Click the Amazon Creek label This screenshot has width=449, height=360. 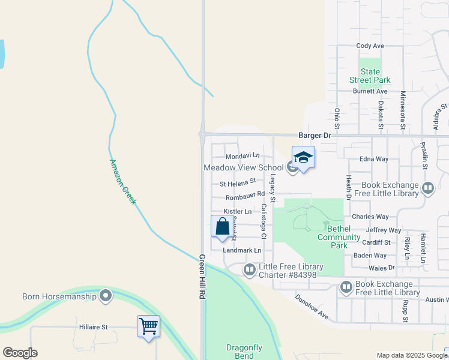tap(123, 181)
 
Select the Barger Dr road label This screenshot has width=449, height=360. tap(315, 136)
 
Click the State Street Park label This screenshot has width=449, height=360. tap(370, 76)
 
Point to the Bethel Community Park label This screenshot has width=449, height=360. tap(339, 237)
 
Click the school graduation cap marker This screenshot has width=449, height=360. tap(303, 158)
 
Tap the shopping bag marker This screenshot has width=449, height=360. tap(222, 226)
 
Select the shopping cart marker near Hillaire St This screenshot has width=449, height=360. tap(148, 326)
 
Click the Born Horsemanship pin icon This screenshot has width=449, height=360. tap(106, 296)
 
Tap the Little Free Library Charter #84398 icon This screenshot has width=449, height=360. tap(250, 271)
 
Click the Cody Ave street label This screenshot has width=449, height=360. tap(370, 46)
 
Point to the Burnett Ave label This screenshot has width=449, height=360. tap(370, 91)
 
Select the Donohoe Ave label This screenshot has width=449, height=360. tap(312, 306)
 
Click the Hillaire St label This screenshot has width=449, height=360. tap(93, 328)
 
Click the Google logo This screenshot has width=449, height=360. tap(20, 353)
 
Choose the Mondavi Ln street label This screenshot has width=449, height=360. tap(243, 155)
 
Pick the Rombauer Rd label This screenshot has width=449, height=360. tap(245, 195)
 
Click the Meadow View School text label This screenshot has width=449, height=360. tap(243, 168)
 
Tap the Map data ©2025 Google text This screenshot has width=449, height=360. tap(410, 355)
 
